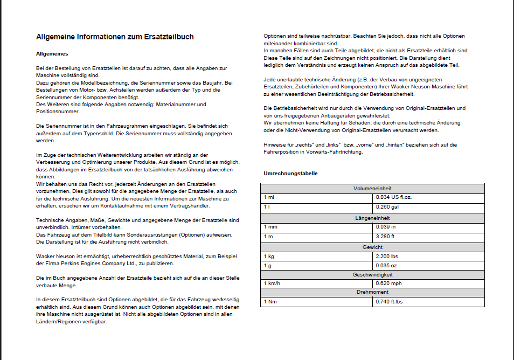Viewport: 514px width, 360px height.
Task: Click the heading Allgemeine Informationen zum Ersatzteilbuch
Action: point(115,37)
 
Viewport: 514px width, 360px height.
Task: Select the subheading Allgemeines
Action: point(52,54)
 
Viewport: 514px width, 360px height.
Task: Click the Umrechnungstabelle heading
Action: point(290,174)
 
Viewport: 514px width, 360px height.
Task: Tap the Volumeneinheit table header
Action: point(372,189)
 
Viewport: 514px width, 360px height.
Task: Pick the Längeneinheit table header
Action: point(372,218)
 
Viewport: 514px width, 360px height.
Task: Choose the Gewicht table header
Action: point(372,247)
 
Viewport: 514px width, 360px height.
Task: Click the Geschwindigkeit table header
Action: point(372,274)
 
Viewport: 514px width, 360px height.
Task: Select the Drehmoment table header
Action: point(372,292)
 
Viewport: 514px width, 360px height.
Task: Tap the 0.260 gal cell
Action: point(387,206)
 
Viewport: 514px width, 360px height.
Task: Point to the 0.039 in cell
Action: point(386,226)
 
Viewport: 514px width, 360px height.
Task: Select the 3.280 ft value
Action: point(386,236)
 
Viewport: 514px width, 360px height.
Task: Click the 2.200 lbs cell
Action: point(387,256)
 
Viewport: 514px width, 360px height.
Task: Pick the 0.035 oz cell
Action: point(386,265)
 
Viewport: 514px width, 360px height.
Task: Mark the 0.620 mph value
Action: point(389,283)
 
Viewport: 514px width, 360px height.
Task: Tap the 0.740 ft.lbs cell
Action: point(390,301)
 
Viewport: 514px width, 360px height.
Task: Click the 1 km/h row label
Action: point(272,283)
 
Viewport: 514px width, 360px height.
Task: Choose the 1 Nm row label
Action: point(270,301)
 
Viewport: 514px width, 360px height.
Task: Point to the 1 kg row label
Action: point(269,256)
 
